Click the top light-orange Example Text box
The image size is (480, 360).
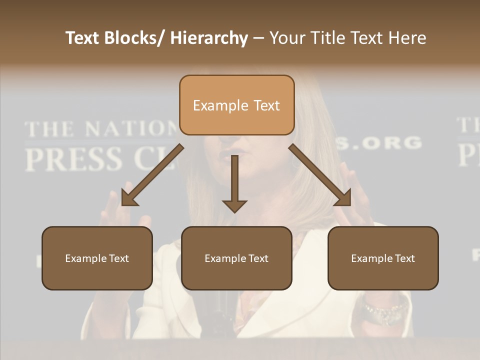[x=236, y=105]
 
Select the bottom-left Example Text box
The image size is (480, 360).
[x=97, y=258]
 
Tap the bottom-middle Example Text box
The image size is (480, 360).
[x=236, y=258]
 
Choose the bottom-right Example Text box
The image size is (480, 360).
[x=383, y=258]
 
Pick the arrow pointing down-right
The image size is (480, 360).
[x=320, y=175]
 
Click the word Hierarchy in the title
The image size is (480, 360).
[x=209, y=38]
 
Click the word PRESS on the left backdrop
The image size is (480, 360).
[x=73, y=158]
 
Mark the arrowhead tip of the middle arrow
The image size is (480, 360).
[x=234, y=212]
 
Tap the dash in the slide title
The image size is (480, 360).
[x=258, y=38]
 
